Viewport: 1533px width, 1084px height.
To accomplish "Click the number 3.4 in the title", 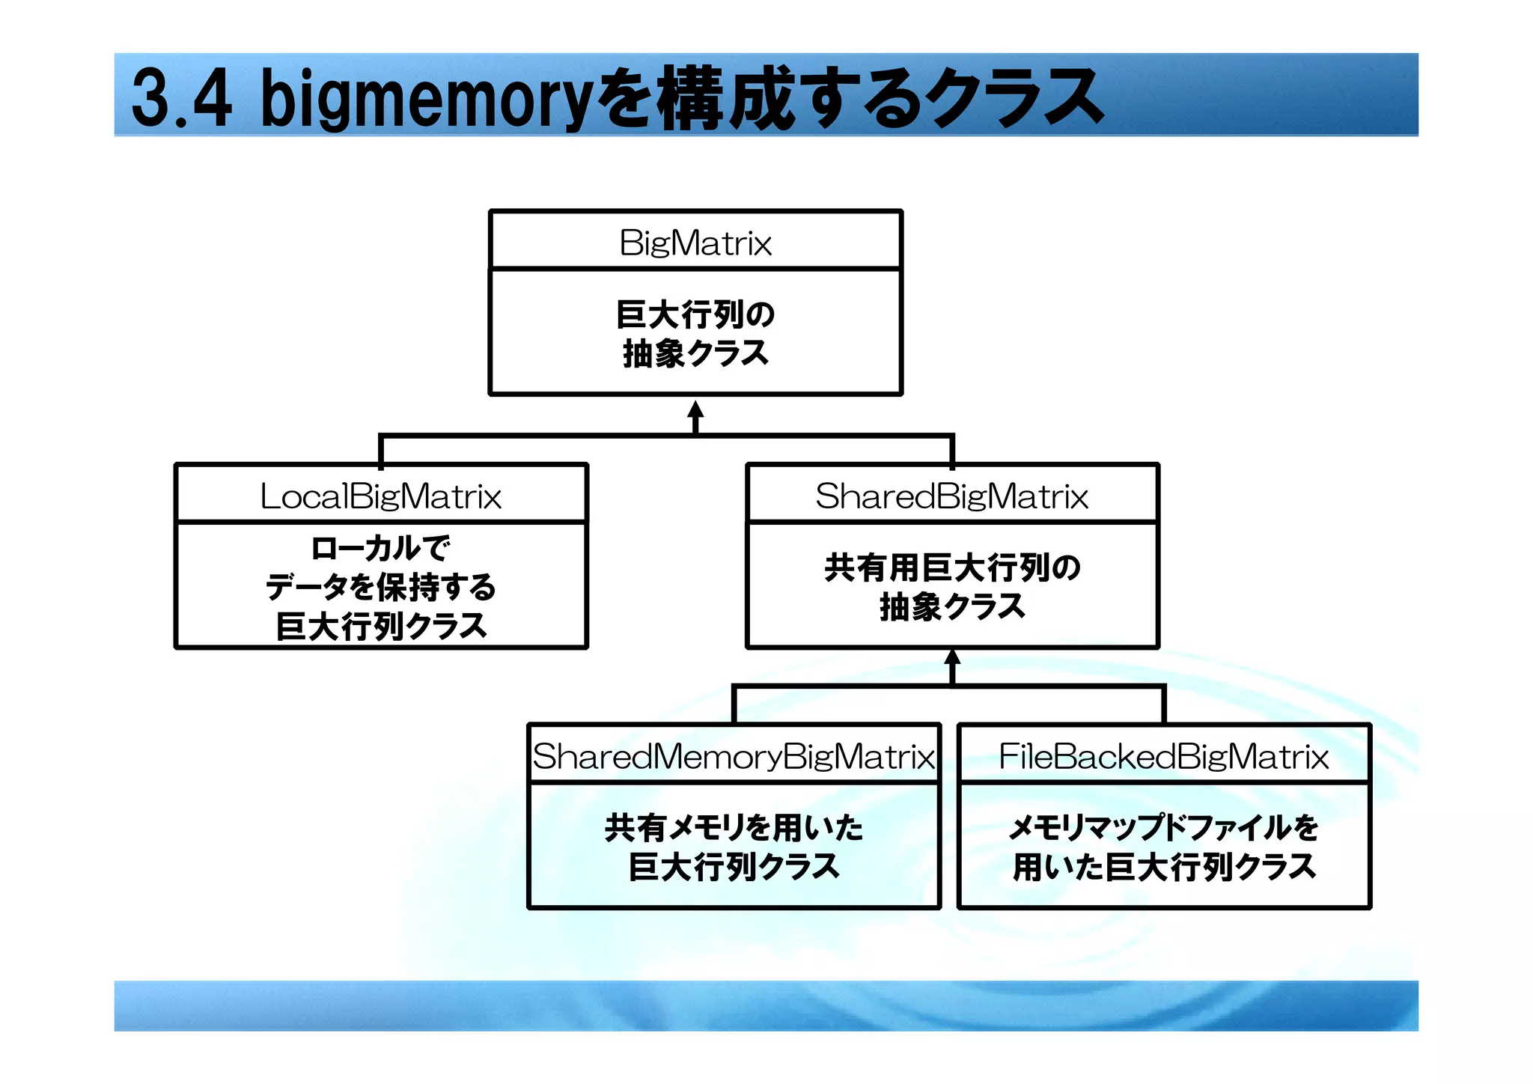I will click(x=181, y=98).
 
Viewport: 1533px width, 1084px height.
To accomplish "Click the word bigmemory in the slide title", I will click(x=427, y=100).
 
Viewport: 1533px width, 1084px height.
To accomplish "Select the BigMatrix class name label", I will click(x=695, y=243).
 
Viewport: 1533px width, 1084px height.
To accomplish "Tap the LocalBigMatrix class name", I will click(x=380, y=496).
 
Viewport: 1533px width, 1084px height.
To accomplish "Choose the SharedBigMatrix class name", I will click(x=951, y=496).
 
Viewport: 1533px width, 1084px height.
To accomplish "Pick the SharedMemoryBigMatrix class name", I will click(x=734, y=756).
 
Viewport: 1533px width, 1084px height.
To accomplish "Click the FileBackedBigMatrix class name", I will click(x=1163, y=756).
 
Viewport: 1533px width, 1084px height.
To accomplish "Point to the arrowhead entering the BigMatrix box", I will click(x=695, y=410).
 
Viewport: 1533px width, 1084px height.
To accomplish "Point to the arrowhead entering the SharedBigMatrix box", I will click(x=952, y=657).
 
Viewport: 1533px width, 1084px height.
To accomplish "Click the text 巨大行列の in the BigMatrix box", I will click(x=695, y=314).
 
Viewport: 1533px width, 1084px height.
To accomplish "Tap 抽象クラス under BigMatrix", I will click(x=695, y=353).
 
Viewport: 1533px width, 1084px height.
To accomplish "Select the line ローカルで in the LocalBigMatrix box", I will click(x=380, y=549).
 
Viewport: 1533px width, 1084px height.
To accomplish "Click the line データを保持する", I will click(x=380, y=587).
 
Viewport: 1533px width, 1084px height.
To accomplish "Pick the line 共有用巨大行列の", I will click(x=952, y=567).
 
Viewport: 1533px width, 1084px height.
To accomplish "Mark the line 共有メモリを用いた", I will click(x=734, y=828).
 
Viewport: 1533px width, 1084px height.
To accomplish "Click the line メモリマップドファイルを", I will click(x=1163, y=828).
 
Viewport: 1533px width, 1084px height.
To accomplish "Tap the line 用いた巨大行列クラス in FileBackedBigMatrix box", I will click(x=1163, y=867).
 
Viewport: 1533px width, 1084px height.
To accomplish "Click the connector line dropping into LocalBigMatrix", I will click(x=381, y=451).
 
